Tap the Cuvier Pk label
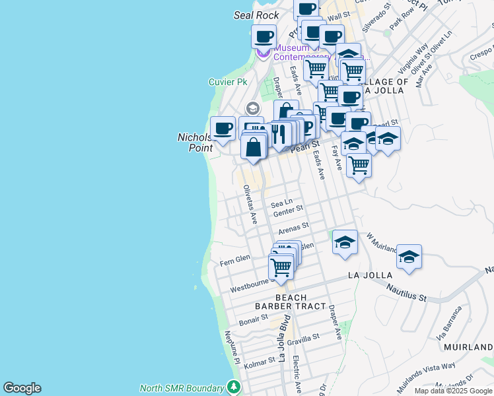(228, 82)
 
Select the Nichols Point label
(196, 143)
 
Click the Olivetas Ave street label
(248, 204)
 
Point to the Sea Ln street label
(281, 204)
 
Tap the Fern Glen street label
(234, 259)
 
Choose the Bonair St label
(253, 320)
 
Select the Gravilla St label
(303, 337)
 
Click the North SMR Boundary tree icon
(232, 387)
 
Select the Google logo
(22, 388)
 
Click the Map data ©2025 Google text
(452, 391)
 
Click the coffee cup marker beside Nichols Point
(223, 128)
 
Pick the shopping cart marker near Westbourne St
(281, 267)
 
